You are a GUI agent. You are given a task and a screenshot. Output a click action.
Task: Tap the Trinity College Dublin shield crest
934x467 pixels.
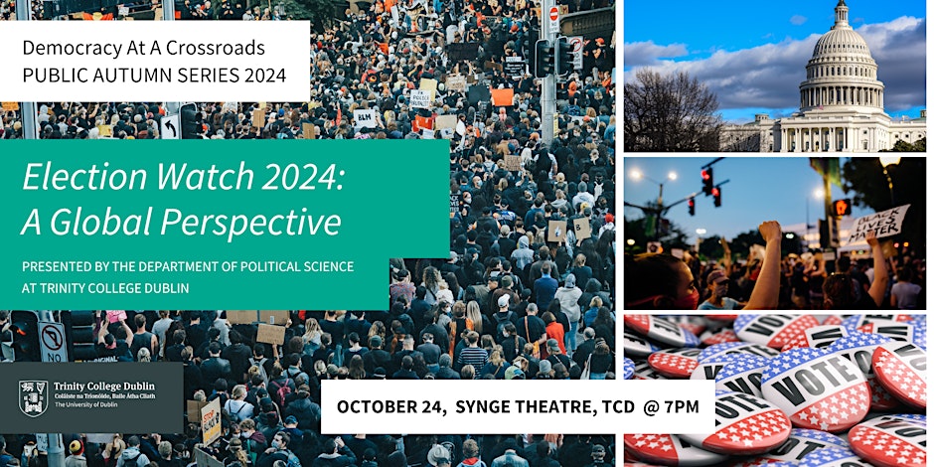tap(33, 396)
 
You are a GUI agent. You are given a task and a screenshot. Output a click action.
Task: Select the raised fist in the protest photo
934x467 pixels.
tap(771, 234)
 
